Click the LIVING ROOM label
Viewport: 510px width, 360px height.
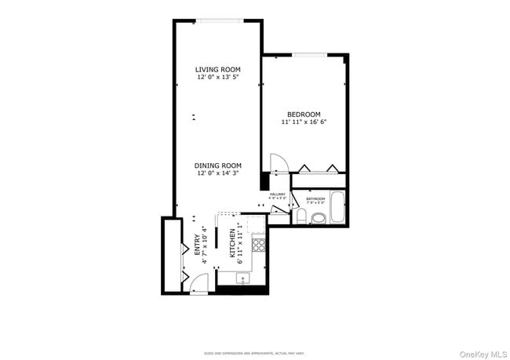[217, 70]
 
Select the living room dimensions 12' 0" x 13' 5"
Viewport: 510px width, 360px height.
[217, 78]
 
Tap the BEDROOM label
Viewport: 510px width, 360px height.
[304, 115]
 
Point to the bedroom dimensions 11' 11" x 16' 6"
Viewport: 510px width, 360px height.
[304, 122]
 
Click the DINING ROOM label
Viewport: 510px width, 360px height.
[218, 165]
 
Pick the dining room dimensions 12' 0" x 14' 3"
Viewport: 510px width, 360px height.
[218, 173]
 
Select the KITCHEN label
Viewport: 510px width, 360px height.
[232, 244]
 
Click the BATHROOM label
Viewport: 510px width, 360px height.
[316, 199]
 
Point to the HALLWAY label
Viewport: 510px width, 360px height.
[278, 195]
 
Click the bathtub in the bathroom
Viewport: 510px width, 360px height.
[337, 208]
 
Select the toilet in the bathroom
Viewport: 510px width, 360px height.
[301, 216]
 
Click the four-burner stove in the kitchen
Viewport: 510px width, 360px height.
[258, 243]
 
